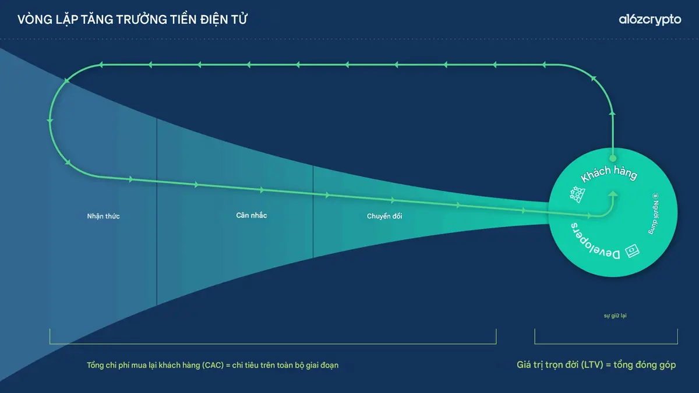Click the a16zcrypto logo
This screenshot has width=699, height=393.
tap(649, 20)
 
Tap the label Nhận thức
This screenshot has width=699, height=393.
tap(103, 217)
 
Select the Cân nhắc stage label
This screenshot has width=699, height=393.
tap(252, 215)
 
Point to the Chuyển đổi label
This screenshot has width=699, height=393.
tap(384, 217)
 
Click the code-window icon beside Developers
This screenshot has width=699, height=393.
tap(632, 250)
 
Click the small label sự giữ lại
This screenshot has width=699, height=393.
tap(615, 316)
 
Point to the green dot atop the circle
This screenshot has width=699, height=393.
tap(612, 158)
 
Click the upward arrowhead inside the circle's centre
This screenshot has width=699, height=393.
tap(612, 194)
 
